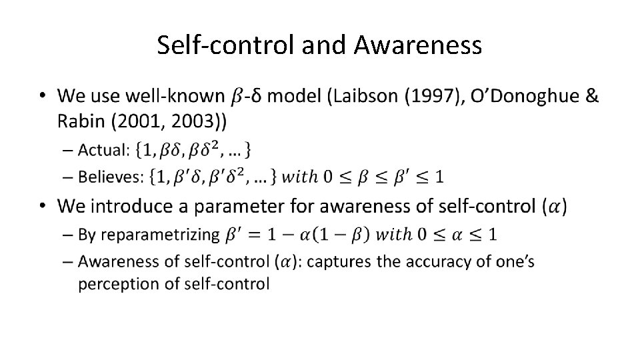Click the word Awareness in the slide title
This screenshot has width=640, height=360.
pyautogui.click(x=418, y=45)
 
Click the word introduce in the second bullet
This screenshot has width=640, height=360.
pyautogui.click(x=133, y=206)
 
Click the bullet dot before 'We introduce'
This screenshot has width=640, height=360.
pyautogui.click(x=43, y=206)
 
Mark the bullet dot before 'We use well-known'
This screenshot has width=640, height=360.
pyautogui.click(x=43, y=97)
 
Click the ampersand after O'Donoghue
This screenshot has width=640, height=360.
pyautogui.click(x=591, y=97)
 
